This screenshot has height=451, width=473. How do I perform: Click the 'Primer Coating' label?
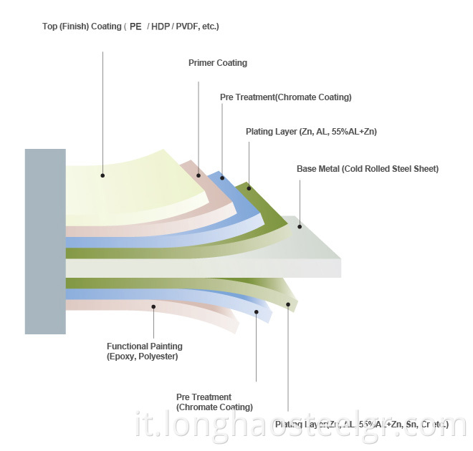[217, 63]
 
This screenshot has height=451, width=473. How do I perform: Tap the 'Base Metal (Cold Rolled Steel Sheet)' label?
[367, 169]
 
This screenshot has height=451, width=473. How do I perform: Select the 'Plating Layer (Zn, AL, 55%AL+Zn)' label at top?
[311, 132]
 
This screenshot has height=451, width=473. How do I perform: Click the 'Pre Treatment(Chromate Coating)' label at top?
[285, 97]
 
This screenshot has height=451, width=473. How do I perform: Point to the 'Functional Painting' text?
[144, 346]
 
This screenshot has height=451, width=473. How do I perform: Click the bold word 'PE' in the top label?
[135, 27]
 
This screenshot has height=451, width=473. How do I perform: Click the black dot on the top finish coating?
[102, 175]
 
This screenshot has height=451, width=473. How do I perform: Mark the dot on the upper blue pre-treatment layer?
[222, 178]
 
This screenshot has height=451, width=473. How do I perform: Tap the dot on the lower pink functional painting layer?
[153, 306]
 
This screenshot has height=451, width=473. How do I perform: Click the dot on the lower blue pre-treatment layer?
[256, 311]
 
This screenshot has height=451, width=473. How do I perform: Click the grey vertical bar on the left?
[45, 241]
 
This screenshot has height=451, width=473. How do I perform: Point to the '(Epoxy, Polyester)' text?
[142, 357]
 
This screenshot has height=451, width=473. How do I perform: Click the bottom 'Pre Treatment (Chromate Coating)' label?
[214, 402]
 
